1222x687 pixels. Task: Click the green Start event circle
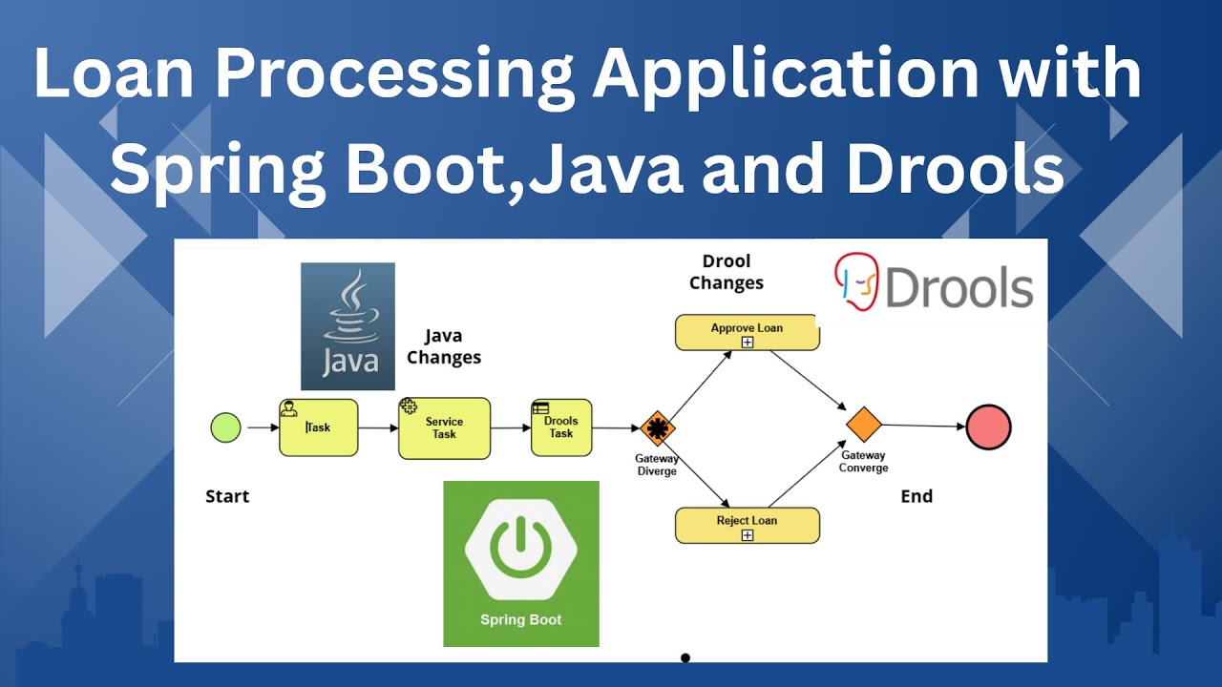[x=225, y=427]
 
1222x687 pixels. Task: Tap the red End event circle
[x=988, y=427]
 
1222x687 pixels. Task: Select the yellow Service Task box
[x=444, y=428]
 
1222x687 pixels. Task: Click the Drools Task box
[x=561, y=427]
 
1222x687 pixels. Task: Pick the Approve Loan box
[x=747, y=332]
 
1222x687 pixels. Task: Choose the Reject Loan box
[x=747, y=526]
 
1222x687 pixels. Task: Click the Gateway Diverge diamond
[x=657, y=428]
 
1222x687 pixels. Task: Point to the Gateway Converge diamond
[x=863, y=425]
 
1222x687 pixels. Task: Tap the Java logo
[x=348, y=326]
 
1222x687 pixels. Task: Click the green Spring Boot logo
[x=521, y=564]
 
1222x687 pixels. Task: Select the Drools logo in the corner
[x=934, y=283]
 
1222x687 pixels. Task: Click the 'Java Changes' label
[x=443, y=347]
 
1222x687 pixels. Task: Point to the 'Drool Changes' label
[x=727, y=272]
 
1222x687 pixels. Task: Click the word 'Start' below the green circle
[x=227, y=496]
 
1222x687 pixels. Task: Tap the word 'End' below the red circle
[x=916, y=496]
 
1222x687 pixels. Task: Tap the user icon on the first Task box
[x=288, y=408]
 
